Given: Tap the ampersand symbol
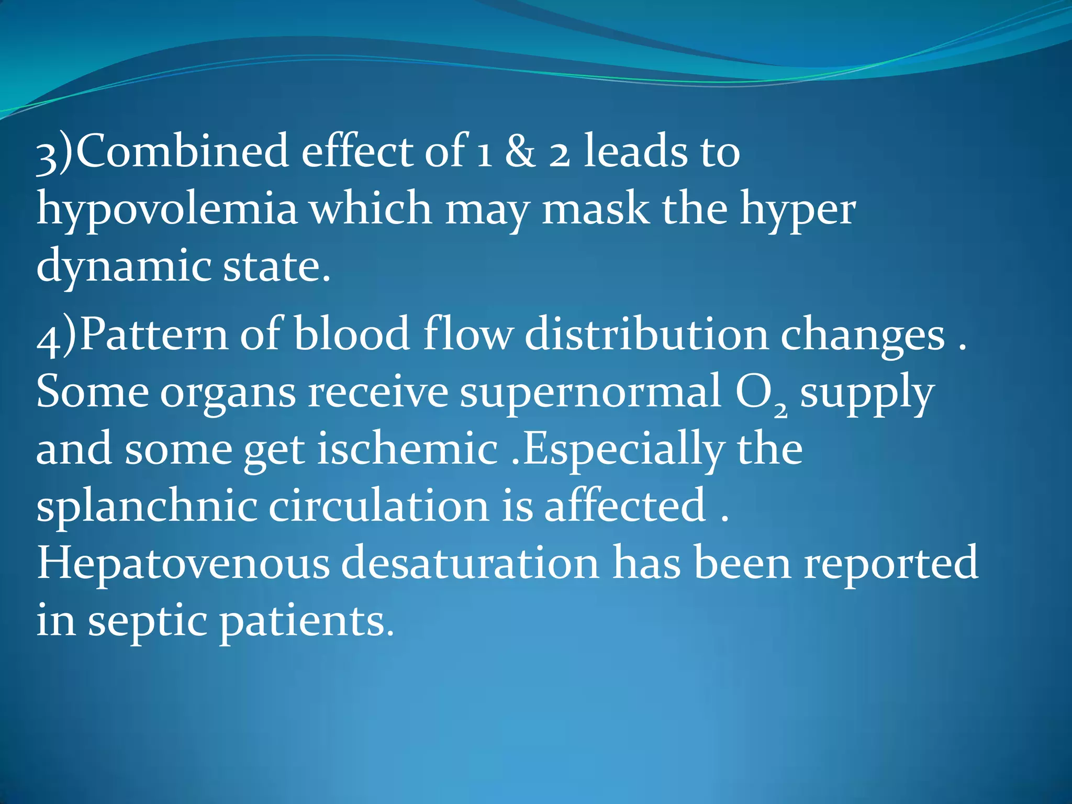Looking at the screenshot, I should (x=520, y=151).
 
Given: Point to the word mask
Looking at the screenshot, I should (x=595, y=208).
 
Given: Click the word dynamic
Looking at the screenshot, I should (x=124, y=266).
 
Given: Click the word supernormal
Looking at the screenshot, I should (x=590, y=393).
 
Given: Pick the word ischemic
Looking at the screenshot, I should (x=408, y=450).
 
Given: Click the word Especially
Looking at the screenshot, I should (x=624, y=450).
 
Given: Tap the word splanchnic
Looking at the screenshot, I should (x=147, y=507).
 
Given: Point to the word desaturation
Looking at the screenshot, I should (x=471, y=563).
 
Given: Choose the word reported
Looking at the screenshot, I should (x=891, y=564).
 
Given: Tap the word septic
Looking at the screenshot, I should (x=147, y=622).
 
